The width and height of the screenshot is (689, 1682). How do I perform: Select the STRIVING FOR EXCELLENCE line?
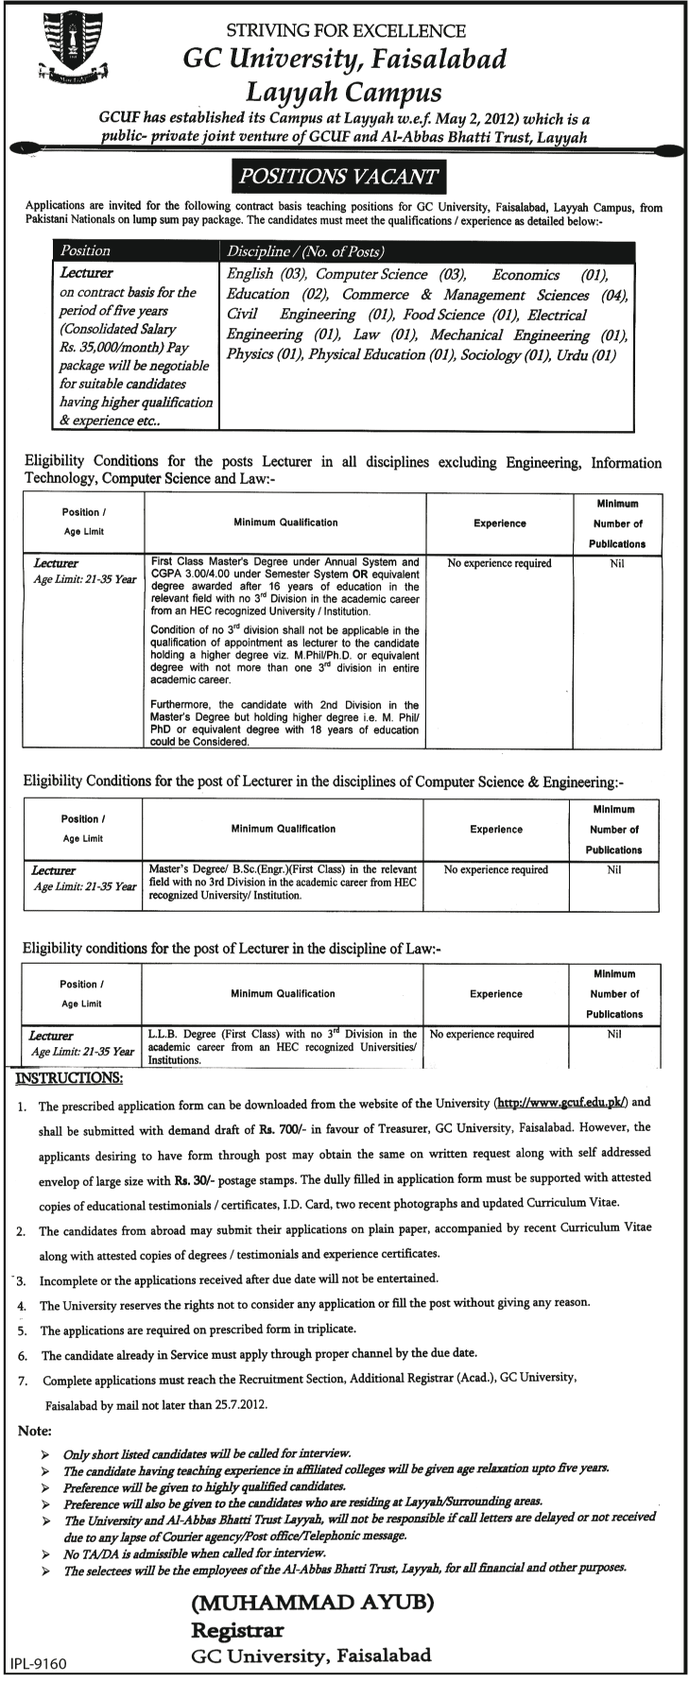(345, 32)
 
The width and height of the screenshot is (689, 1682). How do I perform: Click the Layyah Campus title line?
(344, 93)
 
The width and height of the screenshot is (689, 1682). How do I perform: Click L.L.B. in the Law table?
(166, 1034)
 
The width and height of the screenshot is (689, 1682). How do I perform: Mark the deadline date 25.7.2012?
(241, 1404)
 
